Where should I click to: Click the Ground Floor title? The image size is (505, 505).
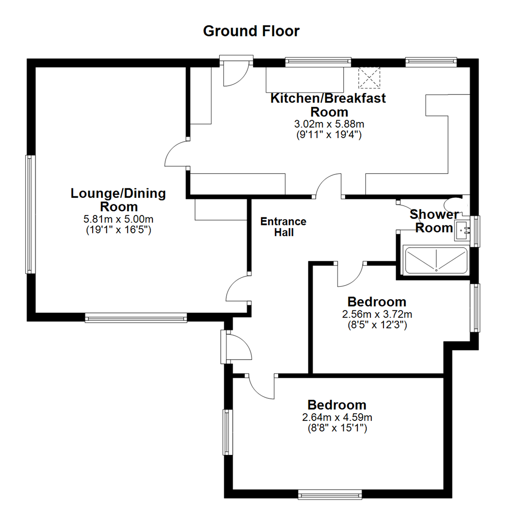[251, 31]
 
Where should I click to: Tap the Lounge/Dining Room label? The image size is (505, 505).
[118, 200]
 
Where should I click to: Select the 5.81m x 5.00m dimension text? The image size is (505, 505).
[118, 219]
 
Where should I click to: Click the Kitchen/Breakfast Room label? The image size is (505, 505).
[329, 105]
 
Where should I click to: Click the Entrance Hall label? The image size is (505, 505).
[283, 227]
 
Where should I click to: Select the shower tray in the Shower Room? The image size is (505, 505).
[435, 260]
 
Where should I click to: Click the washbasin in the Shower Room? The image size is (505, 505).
[463, 230]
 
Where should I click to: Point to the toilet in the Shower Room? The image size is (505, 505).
[454, 204]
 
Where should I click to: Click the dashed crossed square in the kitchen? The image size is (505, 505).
[369, 77]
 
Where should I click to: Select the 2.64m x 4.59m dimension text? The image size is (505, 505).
[337, 418]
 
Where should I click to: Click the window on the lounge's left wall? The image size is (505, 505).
[30, 214]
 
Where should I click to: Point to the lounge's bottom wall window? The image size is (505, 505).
[136, 318]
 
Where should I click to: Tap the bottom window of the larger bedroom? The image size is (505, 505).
[330, 494]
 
